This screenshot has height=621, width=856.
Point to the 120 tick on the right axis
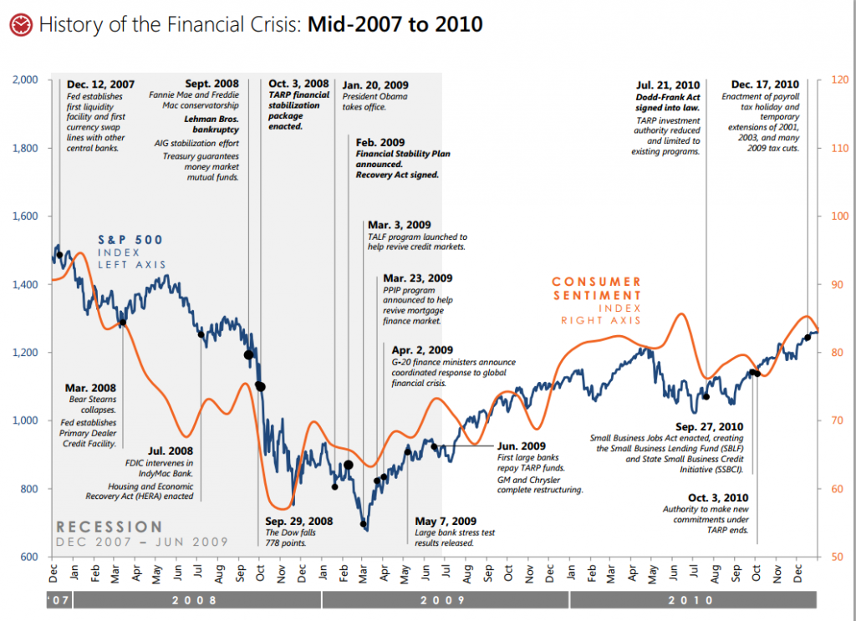[839, 80]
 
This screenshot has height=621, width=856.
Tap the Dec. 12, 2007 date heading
[100, 84]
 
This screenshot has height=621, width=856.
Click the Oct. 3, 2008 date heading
[298, 84]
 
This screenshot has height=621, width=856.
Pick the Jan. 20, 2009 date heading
[375, 84]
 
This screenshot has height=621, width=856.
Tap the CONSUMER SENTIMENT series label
[597, 288]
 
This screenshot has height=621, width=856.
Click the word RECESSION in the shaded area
[109, 527]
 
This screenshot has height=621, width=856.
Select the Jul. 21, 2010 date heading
[668, 84]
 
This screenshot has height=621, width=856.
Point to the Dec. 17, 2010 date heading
[766, 84]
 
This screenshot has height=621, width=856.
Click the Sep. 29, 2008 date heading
[298, 522]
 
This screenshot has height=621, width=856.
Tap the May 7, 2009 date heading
[446, 522]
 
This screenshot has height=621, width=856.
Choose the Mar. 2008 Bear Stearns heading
[90, 388]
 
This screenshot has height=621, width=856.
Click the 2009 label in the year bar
[444, 600]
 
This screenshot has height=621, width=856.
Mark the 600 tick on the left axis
[29, 557]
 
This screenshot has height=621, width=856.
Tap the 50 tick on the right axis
[837, 557]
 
